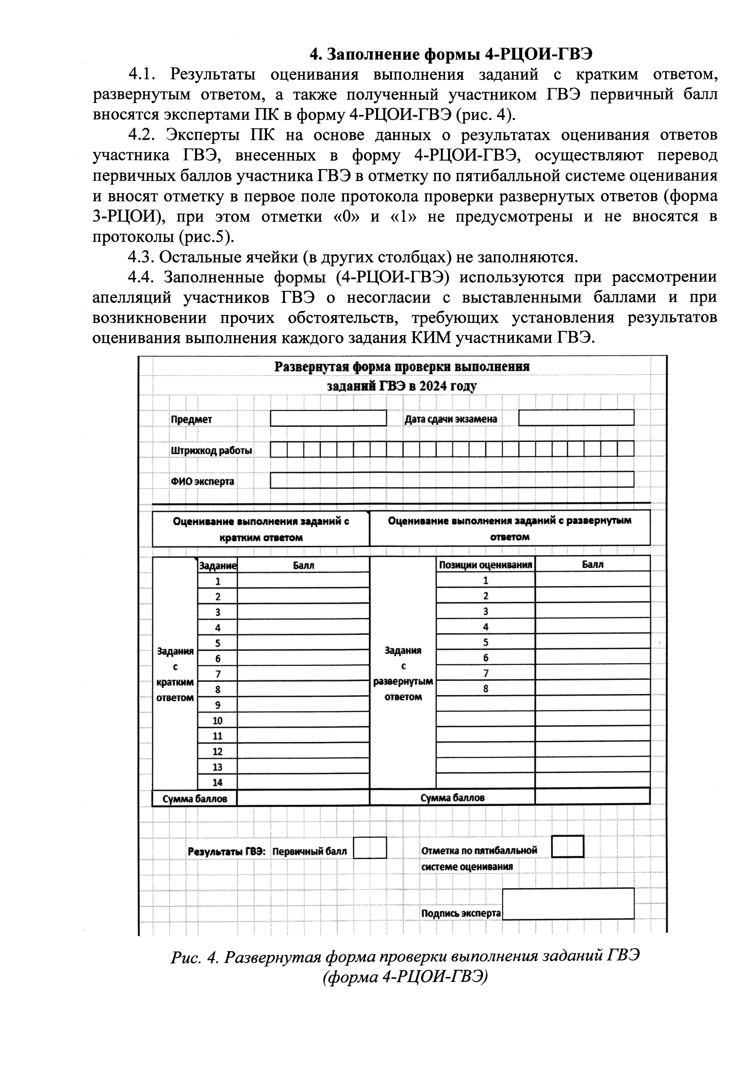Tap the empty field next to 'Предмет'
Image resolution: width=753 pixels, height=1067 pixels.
tap(328, 418)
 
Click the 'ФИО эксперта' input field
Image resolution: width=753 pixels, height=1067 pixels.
tap(452, 480)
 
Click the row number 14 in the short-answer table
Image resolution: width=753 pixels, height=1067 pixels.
tap(217, 782)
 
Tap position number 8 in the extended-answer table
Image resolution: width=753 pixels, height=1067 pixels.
tap(486, 689)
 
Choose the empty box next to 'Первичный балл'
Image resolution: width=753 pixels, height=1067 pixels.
tap(370, 848)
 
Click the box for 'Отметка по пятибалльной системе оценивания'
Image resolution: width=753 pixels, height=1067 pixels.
tap(567, 847)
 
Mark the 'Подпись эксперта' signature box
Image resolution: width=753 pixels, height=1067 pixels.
tap(568, 904)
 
